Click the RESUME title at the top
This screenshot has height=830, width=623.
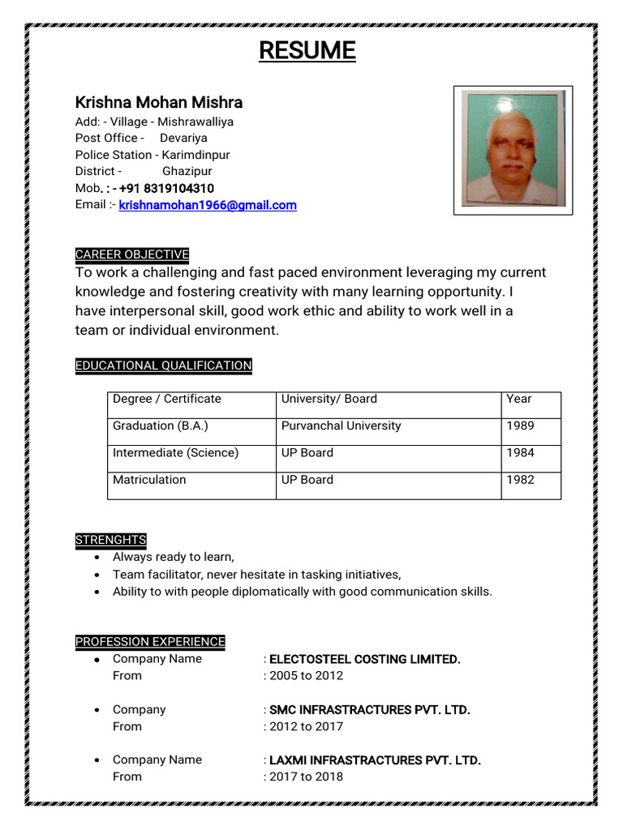tap(307, 51)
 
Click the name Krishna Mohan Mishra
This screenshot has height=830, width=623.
tap(159, 102)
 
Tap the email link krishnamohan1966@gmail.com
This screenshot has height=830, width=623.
tap(208, 206)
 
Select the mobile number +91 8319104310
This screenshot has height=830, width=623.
tap(166, 189)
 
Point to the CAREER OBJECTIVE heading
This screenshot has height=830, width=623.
tap(131, 255)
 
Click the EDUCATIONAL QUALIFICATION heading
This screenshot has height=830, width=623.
tap(163, 366)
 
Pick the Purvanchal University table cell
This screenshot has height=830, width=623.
tap(341, 426)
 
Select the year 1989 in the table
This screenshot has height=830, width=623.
tap(520, 426)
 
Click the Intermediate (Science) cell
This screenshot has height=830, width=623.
tap(175, 453)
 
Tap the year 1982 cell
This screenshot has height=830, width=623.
tap(520, 480)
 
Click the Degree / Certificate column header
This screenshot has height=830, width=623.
tap(166, 399)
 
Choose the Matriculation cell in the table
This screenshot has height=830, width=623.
tap(149, 480)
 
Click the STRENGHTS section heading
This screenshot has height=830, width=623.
tap(110, 540)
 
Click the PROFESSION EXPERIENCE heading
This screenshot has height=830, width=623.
tap(150, 641)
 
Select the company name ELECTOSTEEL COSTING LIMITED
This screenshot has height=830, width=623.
tap(364, 659)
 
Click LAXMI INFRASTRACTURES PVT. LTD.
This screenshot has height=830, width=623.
tap(375, 760)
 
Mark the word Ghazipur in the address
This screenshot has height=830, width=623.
tap(187, 172)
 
